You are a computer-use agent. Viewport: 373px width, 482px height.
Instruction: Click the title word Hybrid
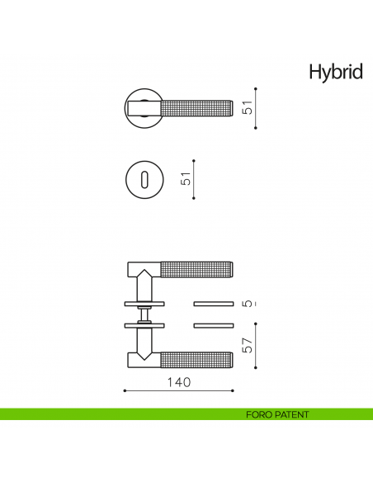click(335, 72)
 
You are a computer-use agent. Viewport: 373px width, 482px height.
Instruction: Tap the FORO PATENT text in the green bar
click(276, 414)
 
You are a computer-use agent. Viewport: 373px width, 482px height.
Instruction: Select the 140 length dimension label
click(179, 382)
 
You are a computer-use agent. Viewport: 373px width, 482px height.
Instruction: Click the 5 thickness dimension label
click(248, 304)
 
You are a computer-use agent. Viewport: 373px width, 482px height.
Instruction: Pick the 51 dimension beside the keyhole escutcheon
click(186, 179)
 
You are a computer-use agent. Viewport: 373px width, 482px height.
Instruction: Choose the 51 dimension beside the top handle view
click(248, 108)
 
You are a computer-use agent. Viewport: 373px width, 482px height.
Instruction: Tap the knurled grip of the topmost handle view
click(198, 107)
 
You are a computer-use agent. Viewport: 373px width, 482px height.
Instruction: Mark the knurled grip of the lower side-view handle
click(198, 360)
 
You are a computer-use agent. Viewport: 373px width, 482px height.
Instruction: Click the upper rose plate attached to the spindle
click(145, 303)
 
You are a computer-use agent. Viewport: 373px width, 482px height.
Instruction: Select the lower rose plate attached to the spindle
click(145, 325)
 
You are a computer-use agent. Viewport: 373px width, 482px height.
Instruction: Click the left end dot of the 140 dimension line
click(124, 390)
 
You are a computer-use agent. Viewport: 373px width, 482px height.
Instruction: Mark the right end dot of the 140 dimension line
click(235, 390)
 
